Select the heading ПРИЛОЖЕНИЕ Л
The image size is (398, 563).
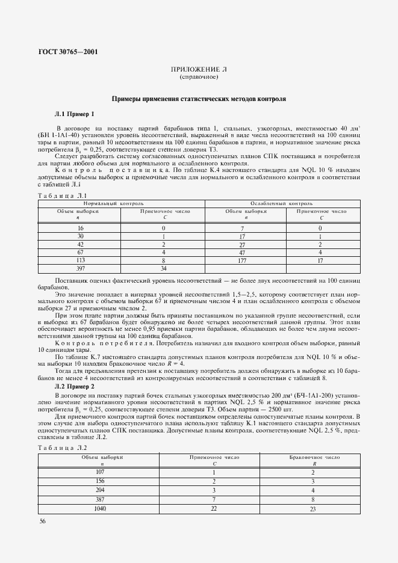tap(198, 70)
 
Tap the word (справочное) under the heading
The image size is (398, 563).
tap(198, 78)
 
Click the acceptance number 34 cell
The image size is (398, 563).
tap(163, 269)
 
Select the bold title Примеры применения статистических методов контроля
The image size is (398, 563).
tap(198, 98)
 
